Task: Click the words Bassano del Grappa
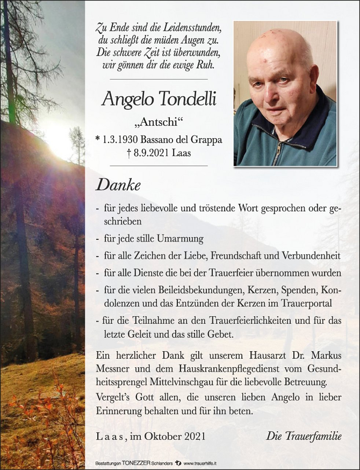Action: click(x=180, y=140)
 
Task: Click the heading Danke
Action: click(x=118, y=186)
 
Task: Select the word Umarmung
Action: click(x=180, y=239)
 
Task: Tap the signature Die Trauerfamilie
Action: click(x=304, y=436)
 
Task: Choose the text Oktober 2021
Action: click(x=175, y=436)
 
